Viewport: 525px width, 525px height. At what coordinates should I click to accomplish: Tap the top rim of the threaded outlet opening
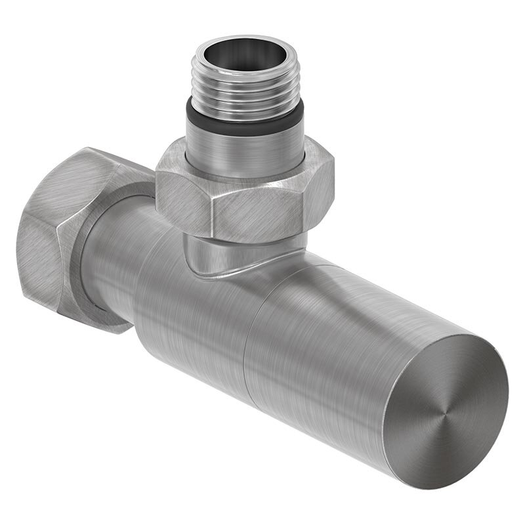tap(244, 41)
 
